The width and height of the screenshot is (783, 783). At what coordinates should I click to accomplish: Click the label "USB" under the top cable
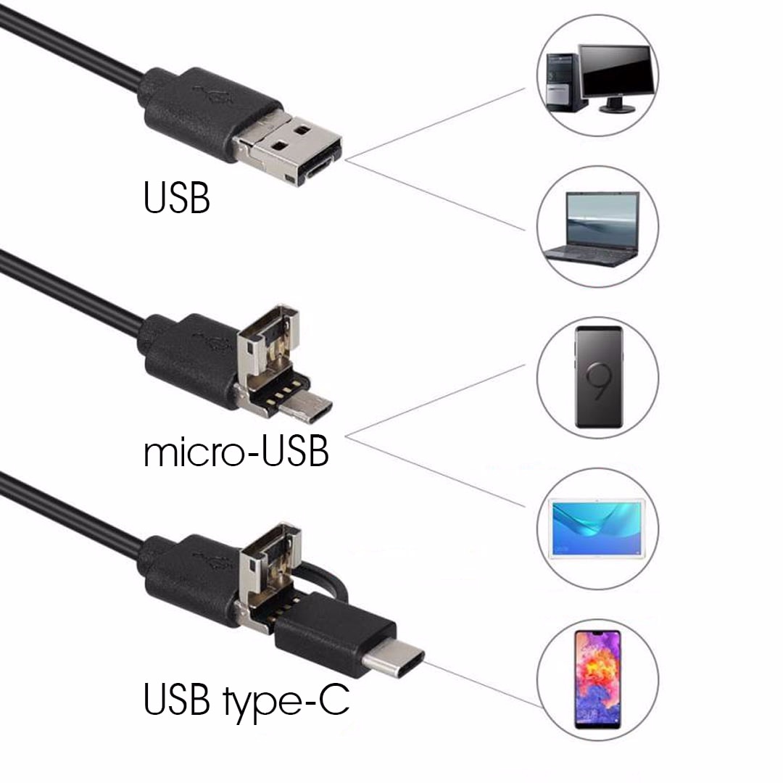pos(176,198)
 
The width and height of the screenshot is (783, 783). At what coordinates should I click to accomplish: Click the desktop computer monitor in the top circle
pos(616,78)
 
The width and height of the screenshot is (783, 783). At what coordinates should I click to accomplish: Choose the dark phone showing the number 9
pos(599,377)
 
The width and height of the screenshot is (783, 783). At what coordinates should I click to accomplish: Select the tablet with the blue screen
pos(597,528)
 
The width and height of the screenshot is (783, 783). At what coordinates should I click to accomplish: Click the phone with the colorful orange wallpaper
pos(597,679)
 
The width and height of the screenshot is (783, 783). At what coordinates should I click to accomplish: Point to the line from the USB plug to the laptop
pos(435,195)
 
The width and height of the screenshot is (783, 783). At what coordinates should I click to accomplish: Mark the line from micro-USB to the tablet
pos(435,471)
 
